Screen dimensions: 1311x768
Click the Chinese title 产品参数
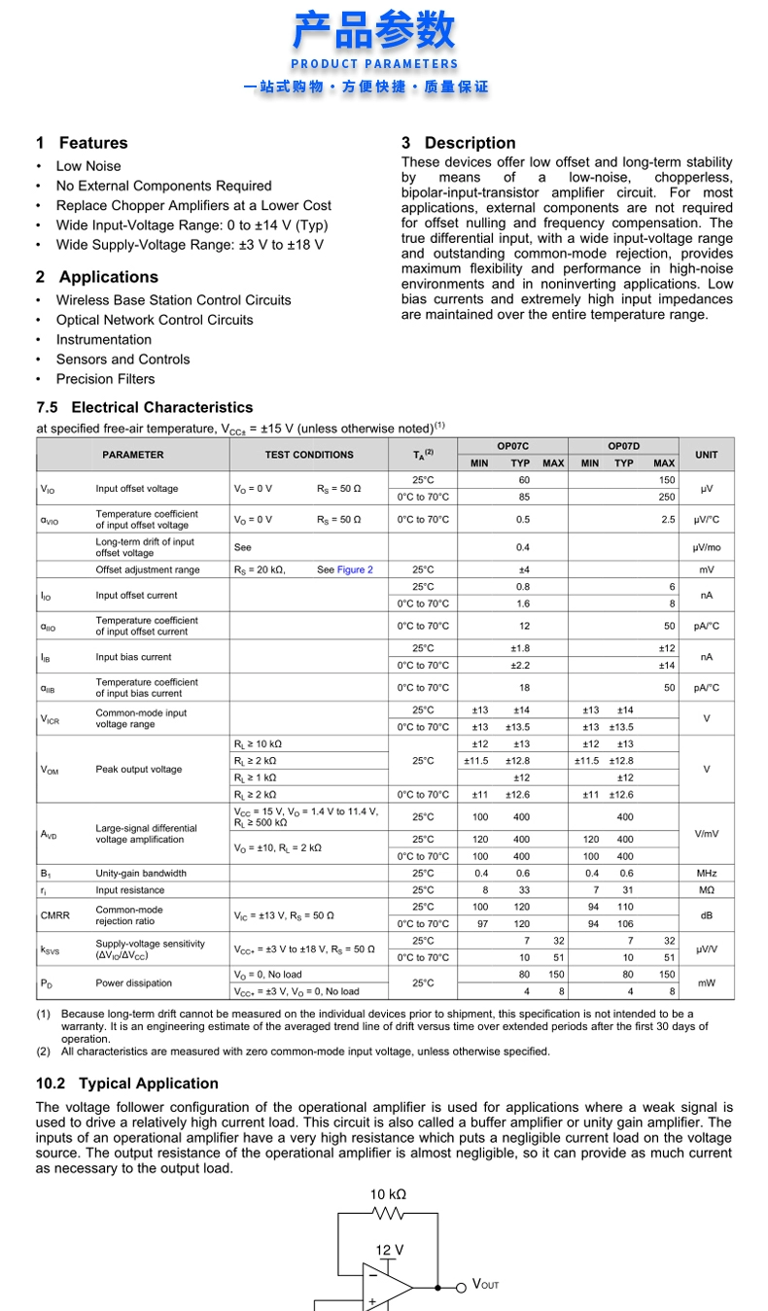[374, 30]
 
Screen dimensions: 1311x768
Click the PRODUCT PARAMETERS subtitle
[374, 64]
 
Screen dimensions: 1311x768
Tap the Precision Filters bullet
[105, 379]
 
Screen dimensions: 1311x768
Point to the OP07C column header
[512, 446]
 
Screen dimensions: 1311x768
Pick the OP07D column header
[623, 446]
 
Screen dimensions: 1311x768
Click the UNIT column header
[707, 455]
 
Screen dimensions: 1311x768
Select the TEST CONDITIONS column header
[309, 455]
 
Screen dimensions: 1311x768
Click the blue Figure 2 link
[355, 569]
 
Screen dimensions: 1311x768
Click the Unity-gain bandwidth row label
[141, 873]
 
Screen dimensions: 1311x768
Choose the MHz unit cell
[707, 873]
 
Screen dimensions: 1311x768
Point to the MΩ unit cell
[707, 889]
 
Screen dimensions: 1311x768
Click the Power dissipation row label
[133, 983]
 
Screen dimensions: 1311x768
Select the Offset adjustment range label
[147, 569]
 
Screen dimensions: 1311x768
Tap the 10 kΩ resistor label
[388, 1194]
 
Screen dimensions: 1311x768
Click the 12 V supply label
[389, 1250]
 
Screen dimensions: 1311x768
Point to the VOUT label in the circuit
[485, 1285]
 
